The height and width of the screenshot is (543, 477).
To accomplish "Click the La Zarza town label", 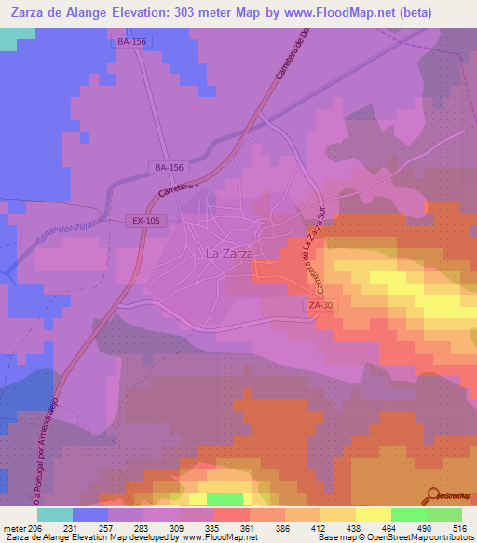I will pos(228,253).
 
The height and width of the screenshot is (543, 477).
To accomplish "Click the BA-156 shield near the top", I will pos(132,42).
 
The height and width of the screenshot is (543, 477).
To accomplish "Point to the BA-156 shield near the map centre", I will pos(170,167).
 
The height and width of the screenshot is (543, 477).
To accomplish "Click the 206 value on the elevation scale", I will pos(34,527).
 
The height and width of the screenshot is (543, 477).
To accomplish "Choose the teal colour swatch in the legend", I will pos(55,514).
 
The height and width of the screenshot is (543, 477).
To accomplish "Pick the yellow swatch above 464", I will pos(374,514).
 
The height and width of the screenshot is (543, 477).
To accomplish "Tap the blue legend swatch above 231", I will pos(90,514).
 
